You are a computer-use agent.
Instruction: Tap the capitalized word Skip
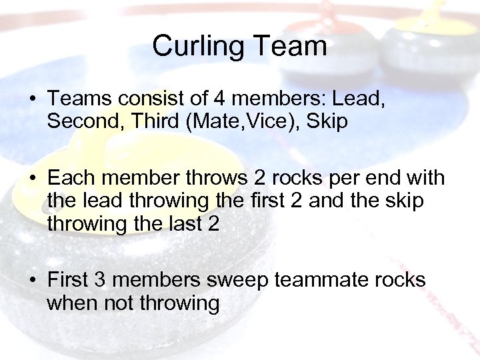point(323,123)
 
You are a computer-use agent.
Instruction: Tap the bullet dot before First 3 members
point(31,281)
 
